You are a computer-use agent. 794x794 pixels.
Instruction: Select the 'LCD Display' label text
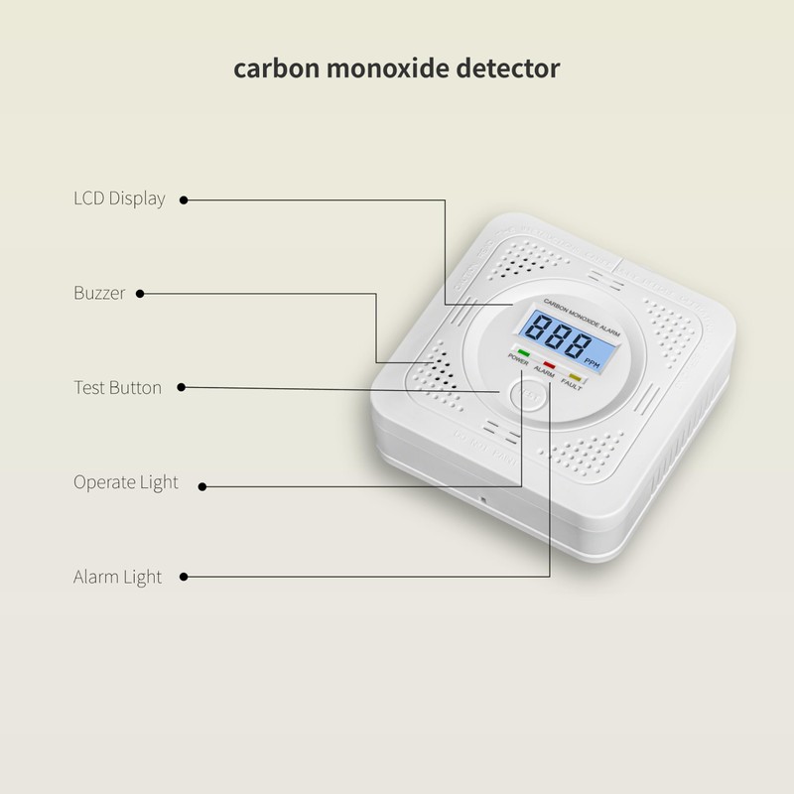click(x=119, y=198)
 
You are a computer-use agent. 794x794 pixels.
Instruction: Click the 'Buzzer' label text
click(x=100, y=293)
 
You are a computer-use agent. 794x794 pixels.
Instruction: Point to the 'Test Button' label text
click(x=117, y=387)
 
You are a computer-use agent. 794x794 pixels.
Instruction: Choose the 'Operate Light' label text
click(x=126, y=482)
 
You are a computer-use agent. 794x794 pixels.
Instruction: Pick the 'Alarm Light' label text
click(x=117, y=577)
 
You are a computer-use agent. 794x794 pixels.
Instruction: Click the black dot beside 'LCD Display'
click(x=185, y=199)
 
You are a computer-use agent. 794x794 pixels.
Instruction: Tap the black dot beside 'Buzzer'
click(x=140, y=294)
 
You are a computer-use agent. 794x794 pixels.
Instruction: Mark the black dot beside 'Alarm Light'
click(x=185, y=577)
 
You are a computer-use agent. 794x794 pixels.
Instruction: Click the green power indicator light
click(x=523, y=352)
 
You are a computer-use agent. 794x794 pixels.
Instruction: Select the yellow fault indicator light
click(x=575, y=377)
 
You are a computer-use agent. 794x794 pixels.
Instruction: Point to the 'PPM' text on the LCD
click(x=592, y=363)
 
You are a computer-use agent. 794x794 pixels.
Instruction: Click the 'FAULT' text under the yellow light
click(x=571, y=386)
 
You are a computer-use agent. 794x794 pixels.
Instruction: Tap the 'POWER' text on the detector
click(x=518, y=359)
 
